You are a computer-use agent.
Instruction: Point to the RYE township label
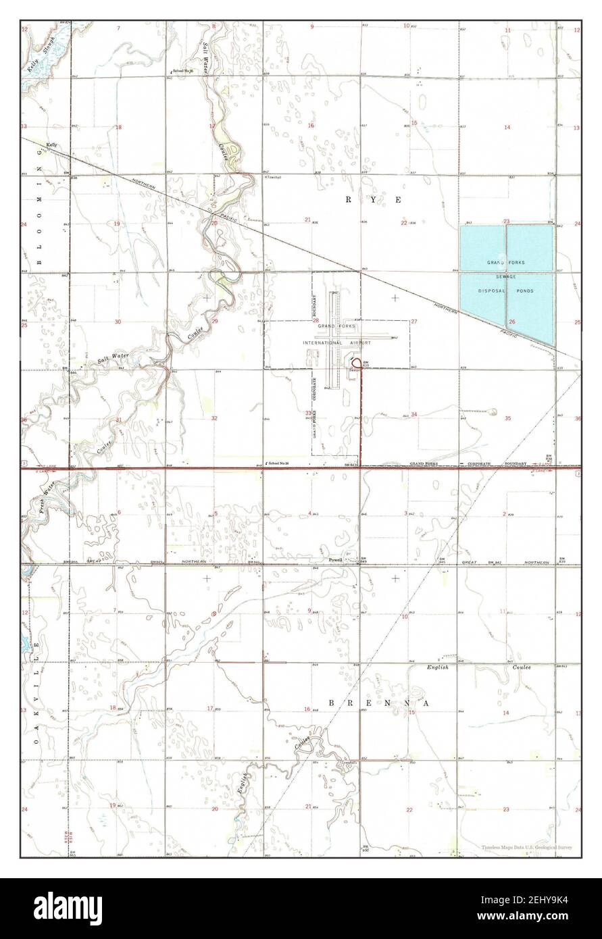375,200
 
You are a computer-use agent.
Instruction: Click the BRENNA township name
379,703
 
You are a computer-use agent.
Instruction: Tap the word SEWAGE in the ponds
506,277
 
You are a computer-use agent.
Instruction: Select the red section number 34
414,415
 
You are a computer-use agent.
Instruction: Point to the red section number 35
507,418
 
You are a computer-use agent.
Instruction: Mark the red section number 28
315,320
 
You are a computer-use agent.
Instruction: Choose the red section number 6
118,512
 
